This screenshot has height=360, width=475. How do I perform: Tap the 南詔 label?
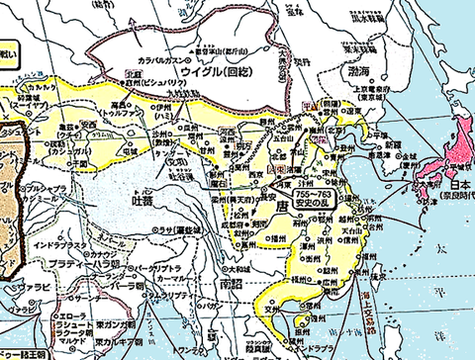tap(228, 284)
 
